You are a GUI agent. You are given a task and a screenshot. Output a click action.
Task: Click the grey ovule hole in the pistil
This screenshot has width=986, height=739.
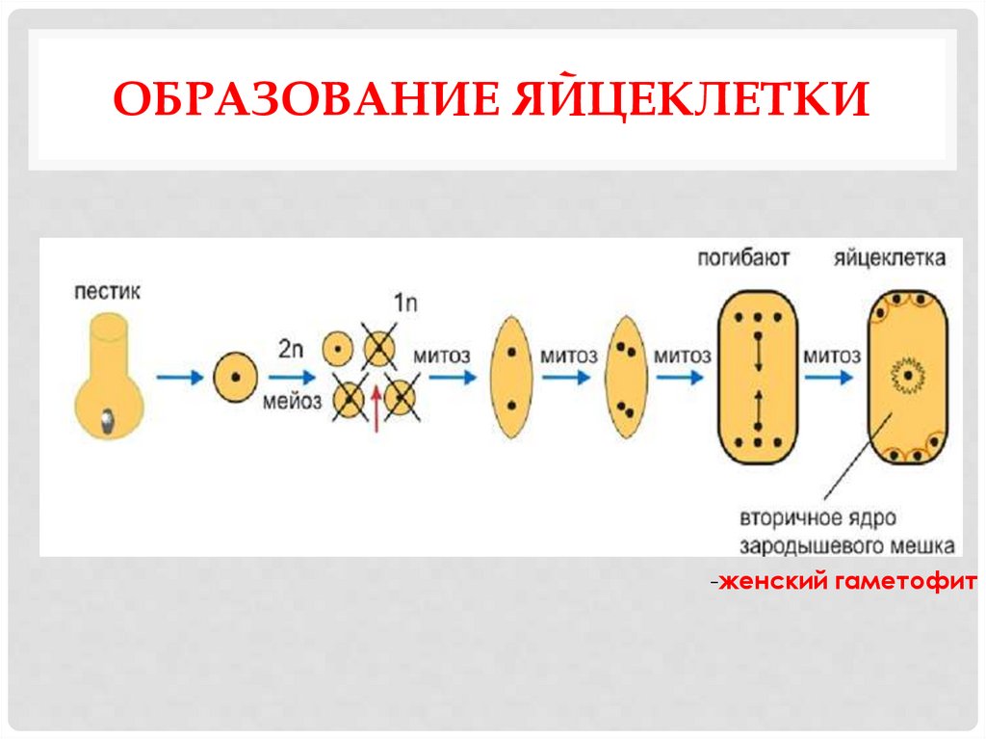(x=108, y=419)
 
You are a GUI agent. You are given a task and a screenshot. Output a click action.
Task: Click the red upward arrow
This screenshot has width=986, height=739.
(x=375, y=420)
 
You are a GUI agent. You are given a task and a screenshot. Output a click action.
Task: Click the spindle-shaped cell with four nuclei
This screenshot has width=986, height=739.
(x=626, y=378)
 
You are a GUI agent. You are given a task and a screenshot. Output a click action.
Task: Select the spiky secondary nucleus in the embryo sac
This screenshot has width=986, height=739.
(x=907, y=373)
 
